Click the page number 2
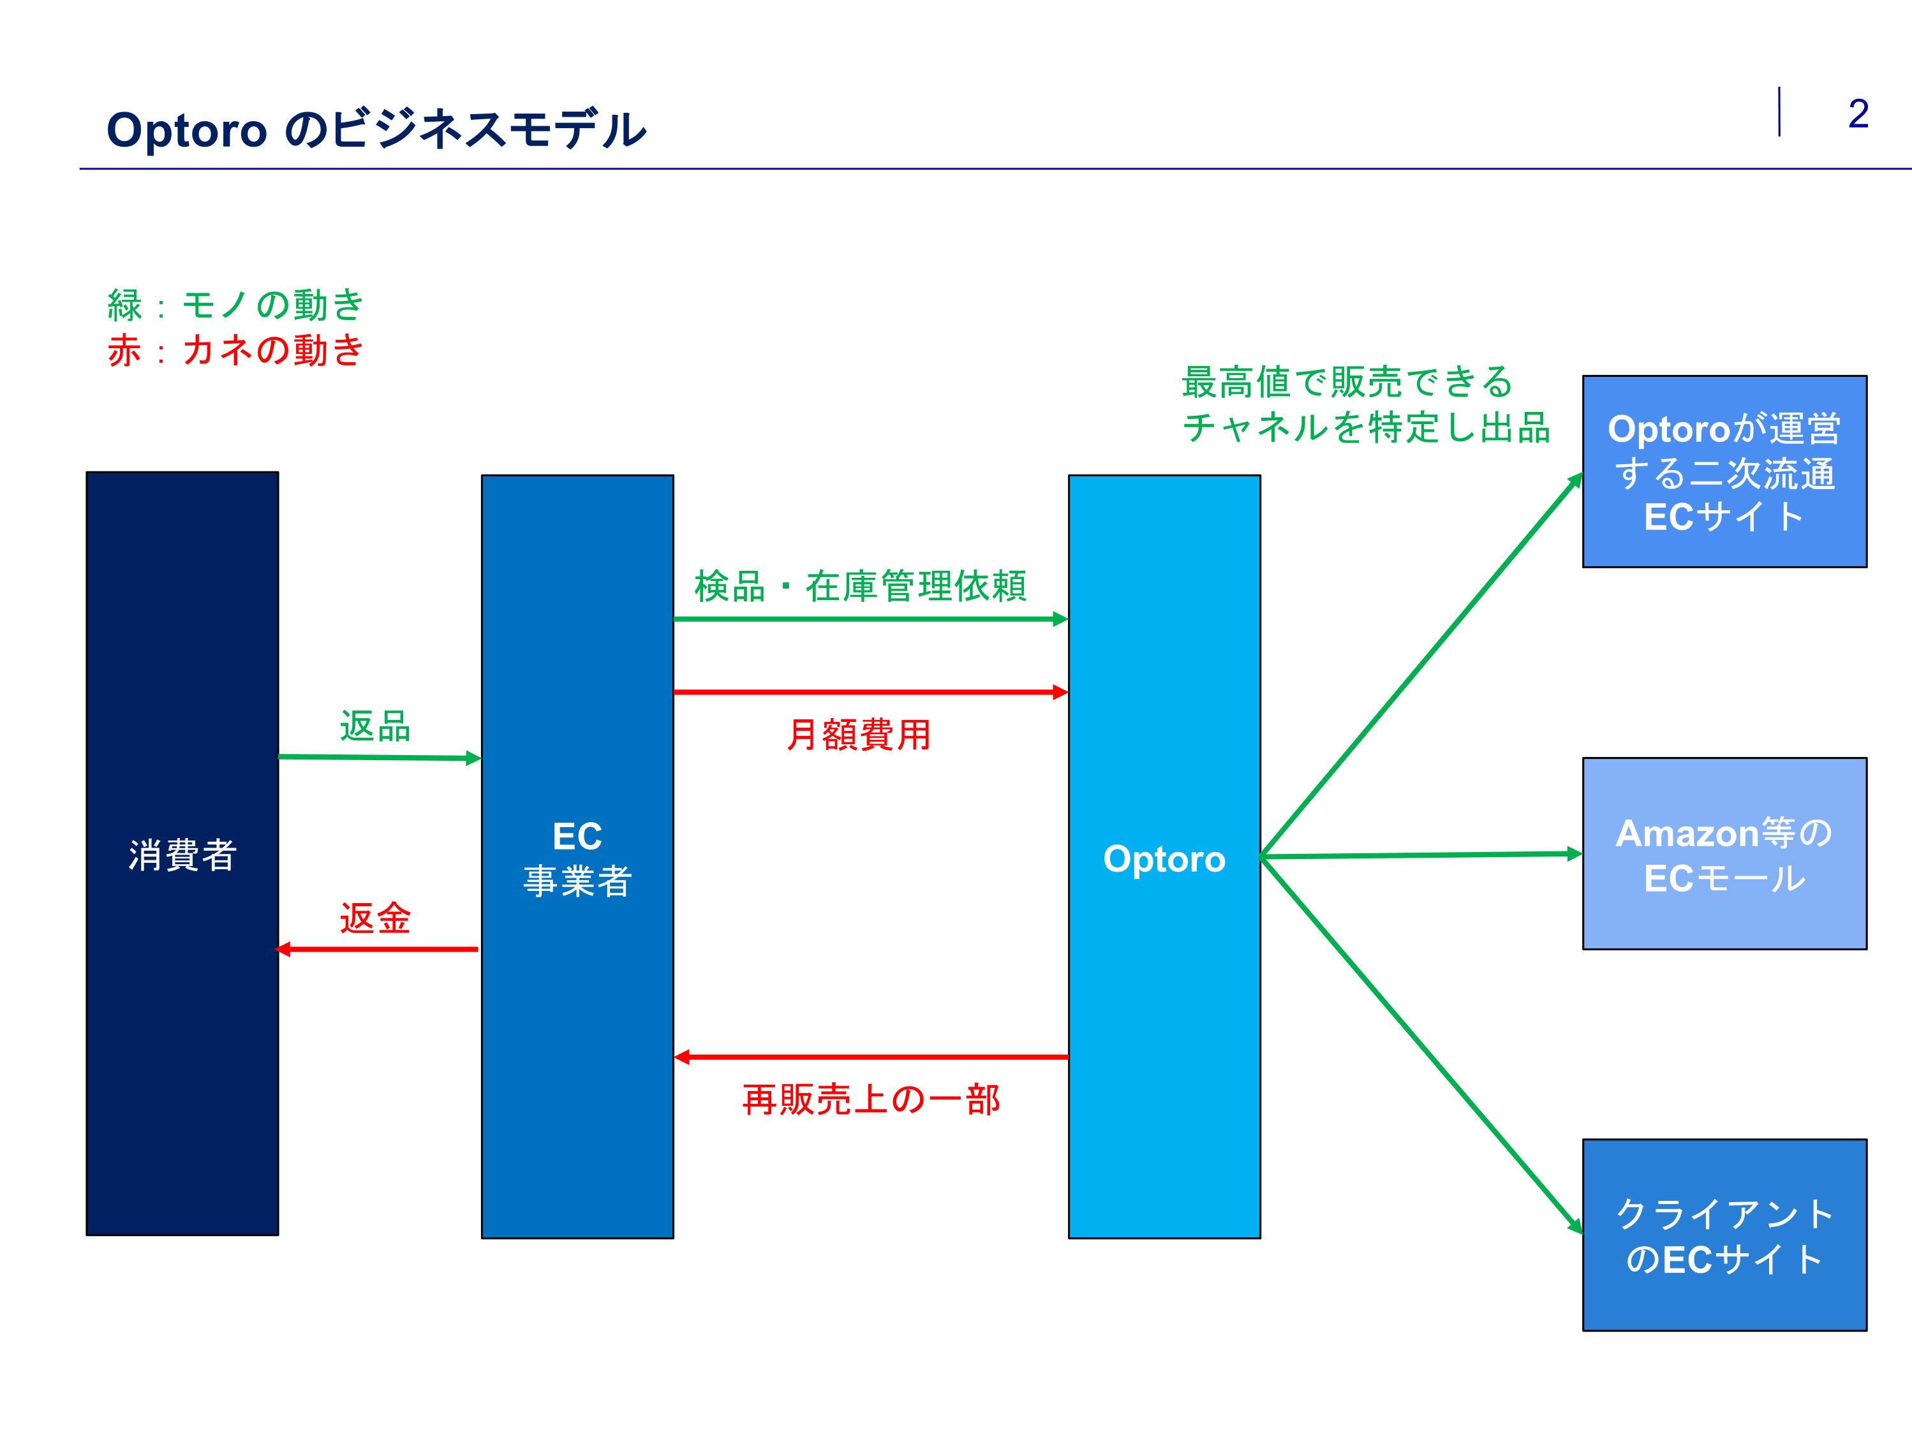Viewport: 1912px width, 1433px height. [1858, 114]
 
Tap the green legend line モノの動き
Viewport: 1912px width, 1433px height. [235, 304]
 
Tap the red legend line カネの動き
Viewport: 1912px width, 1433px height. [235, 350]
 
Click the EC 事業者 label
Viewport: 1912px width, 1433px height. [577, 858]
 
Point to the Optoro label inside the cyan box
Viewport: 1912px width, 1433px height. [1164, 859]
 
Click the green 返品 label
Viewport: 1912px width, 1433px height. [375, 726]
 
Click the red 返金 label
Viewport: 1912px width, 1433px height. [375, 918]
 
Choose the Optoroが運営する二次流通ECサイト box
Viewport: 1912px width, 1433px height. [1724, 472]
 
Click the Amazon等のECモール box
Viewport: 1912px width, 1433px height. [1724, 854]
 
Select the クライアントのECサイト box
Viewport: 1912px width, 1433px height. [1724, 1235]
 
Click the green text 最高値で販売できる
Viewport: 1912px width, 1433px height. [1347, 382]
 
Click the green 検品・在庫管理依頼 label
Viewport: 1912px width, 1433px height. [860, 586]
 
